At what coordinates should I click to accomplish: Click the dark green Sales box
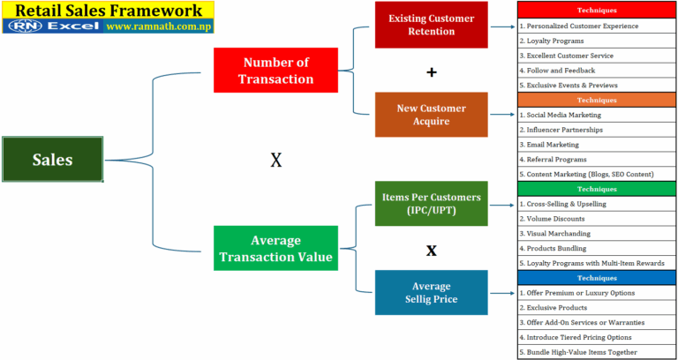[53, 160]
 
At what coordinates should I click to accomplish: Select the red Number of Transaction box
[275, 70]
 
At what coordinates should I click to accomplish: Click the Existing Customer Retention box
[431, 25]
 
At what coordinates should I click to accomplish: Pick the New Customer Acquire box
[431, 114]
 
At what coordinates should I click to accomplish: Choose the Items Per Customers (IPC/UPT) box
[431, 203]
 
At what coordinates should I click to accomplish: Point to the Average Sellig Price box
[431, 292]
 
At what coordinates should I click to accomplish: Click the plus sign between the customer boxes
[431, 71]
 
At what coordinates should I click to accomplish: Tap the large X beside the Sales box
[275, 160]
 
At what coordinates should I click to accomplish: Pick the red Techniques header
[597, 11]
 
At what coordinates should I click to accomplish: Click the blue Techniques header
[597, 278]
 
